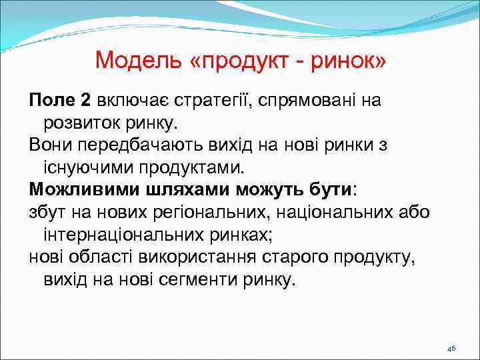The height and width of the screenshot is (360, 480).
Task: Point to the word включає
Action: click(133, 101)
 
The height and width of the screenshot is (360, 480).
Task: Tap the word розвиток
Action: click(79, 123)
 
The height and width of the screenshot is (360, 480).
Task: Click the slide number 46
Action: click(451, 349)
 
